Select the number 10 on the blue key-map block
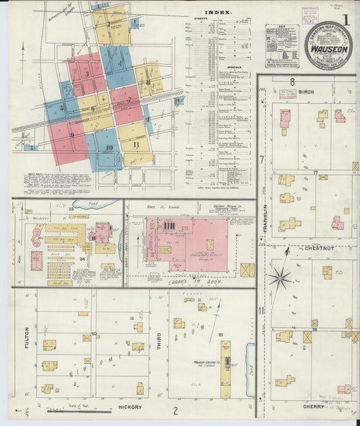[x=109, y=148]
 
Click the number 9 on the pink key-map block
[x=72, y=136]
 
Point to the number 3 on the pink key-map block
[x=87, y=74]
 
